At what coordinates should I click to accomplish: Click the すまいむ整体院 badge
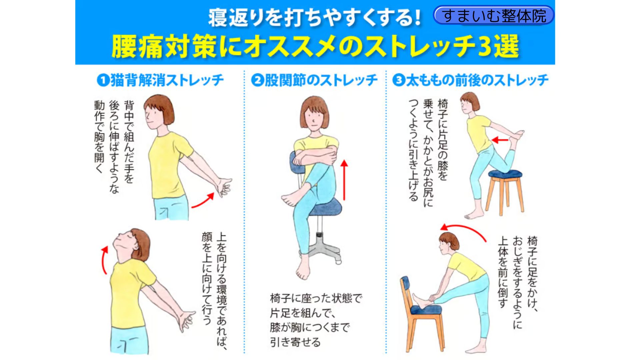pos(493,15)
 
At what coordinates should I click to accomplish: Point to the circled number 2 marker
pos(257,80)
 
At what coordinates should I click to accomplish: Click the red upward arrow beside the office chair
pos(344,180)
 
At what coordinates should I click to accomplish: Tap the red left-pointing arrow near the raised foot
pos(500,140)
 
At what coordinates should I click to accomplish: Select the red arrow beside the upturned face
pos(104,260)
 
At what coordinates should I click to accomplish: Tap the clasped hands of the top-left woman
pos(224,187)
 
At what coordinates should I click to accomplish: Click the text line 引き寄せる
pos(295,342)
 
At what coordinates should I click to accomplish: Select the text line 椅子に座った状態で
pos(316,298)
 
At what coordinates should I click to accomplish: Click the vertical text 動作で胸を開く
pos(99,137)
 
